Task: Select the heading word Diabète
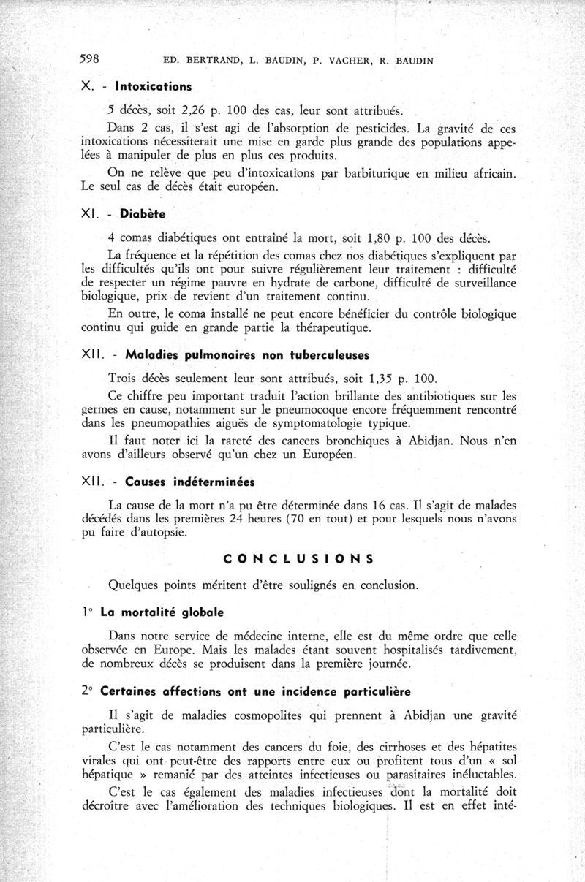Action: (143, 214)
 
